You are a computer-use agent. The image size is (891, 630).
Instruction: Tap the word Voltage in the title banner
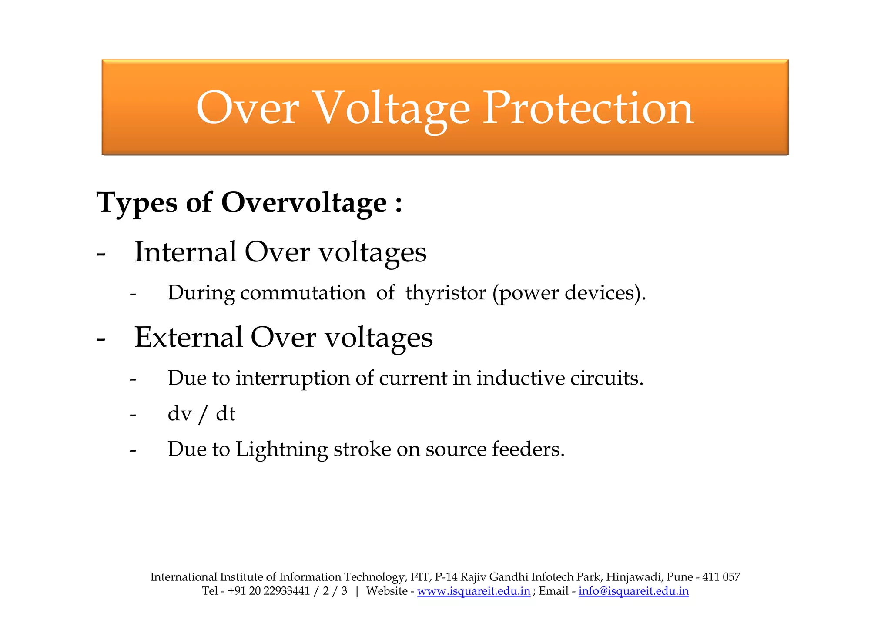(391, 109)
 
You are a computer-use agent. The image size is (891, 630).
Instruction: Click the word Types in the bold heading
(137, 203)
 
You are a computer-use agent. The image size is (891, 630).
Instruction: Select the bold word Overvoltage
(304, 203)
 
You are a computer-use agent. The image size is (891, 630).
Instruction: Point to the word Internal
(185, 252)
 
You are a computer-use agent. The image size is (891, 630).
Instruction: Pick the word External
(188, 338)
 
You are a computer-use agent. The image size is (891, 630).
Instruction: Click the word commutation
(303, 292)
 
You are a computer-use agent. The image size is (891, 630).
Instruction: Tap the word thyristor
(445, 292)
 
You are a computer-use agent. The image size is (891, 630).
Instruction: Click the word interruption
(293, 378)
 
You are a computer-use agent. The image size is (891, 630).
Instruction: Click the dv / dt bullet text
(201, 413)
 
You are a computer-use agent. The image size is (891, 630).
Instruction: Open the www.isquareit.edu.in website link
(474, 591)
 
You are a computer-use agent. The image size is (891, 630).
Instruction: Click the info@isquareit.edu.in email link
(633, 591)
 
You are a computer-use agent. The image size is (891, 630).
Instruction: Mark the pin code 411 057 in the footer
(721, 577)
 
